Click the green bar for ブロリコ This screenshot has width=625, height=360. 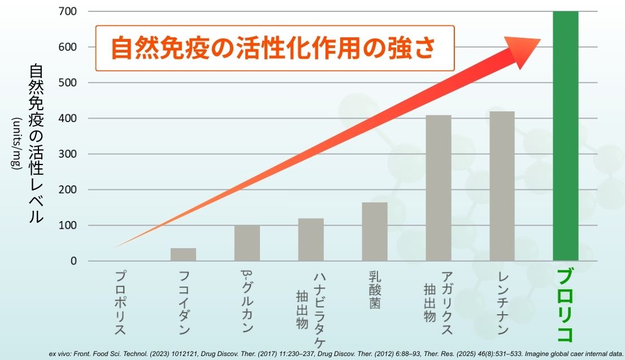[x=565, y=136]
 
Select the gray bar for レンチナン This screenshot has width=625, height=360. [x=502, y=186]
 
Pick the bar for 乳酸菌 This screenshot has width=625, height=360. [x=375, y=232]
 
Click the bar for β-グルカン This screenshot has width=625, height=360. [x=247, y=243]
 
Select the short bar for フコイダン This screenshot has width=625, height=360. [x=183, y=254]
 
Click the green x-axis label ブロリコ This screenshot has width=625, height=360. [x=565, y=306]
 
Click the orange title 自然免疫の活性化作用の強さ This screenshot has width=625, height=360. [x=274, y=48]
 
